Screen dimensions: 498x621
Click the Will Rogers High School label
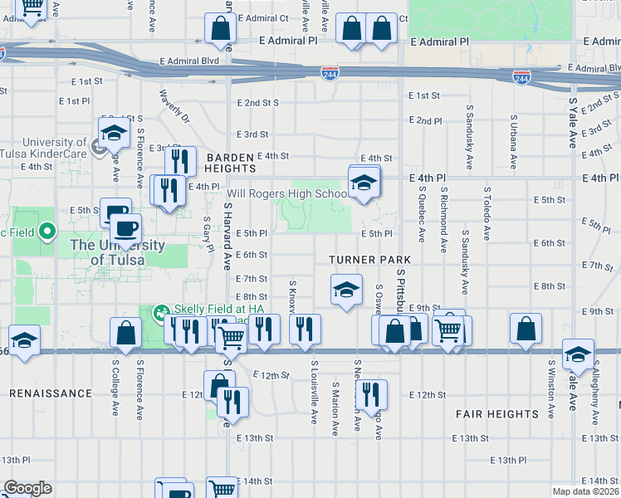click(x=286, y=194)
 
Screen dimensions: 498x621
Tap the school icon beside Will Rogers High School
click(x=363, y=183)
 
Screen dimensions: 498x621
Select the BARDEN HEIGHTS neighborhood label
click(x=230, y=163)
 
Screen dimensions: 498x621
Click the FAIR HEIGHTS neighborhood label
click(x=497, y=413)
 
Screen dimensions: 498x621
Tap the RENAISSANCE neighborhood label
click(x=51, y=393)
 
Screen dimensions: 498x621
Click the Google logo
click(x=27, y=487)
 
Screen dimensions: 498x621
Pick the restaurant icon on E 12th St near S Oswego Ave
click(x=369, y=394)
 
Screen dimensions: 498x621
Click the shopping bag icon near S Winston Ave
click(x=526, y=330)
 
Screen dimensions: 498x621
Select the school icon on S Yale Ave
click(x=578, y=354)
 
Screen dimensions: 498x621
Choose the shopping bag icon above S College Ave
click(x=125, y=334)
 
